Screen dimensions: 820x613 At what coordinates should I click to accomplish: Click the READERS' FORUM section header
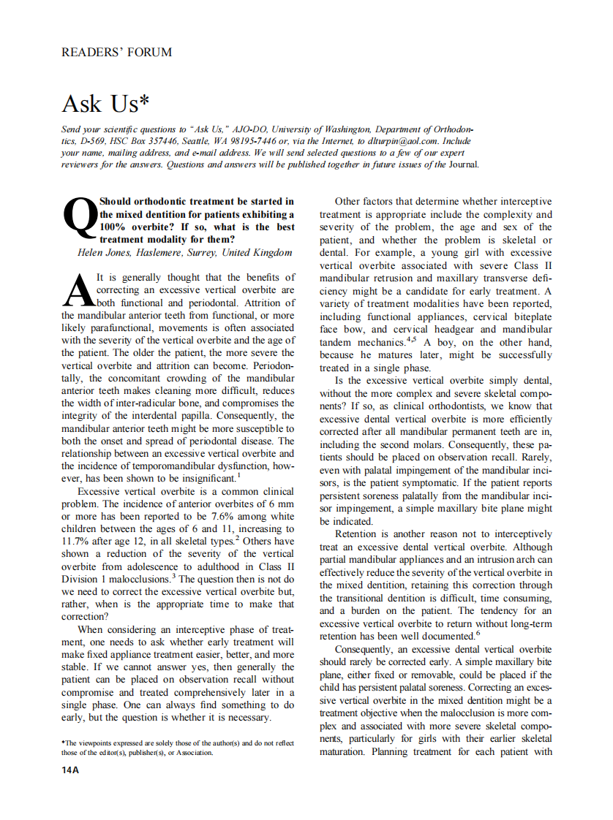(x=117, y=52)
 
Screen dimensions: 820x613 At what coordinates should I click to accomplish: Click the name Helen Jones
(x=104, y=253)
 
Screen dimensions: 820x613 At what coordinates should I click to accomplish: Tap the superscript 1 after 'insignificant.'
(x=238, y=476)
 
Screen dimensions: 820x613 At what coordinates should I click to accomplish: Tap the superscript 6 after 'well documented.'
(x=478, y=633)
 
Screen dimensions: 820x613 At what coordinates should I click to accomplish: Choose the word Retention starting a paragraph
(x=358, y=534)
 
